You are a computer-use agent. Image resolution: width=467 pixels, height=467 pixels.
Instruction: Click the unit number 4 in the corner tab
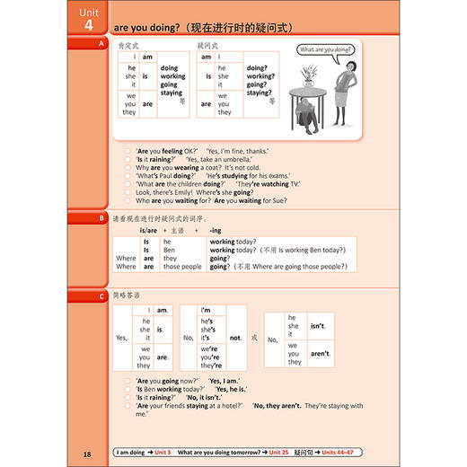pos(89,25)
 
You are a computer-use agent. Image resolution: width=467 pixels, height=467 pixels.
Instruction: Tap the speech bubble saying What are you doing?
pos(326,52)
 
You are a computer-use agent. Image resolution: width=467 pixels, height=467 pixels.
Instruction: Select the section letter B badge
pos(101,217)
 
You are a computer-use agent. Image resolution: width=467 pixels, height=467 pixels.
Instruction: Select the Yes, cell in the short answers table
pos(121,338)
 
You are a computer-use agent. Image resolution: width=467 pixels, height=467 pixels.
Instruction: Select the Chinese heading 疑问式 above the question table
pos(208,44)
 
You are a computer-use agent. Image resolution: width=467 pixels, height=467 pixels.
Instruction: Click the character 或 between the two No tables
pos(256,338)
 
